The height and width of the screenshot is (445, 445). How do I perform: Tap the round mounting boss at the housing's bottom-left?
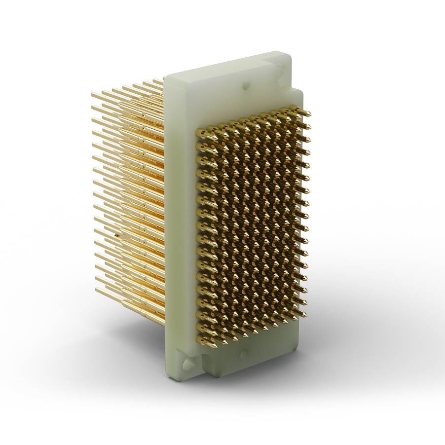[x=187, y=364]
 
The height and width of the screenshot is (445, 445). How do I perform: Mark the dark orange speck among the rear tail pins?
[x=116, y=236]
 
